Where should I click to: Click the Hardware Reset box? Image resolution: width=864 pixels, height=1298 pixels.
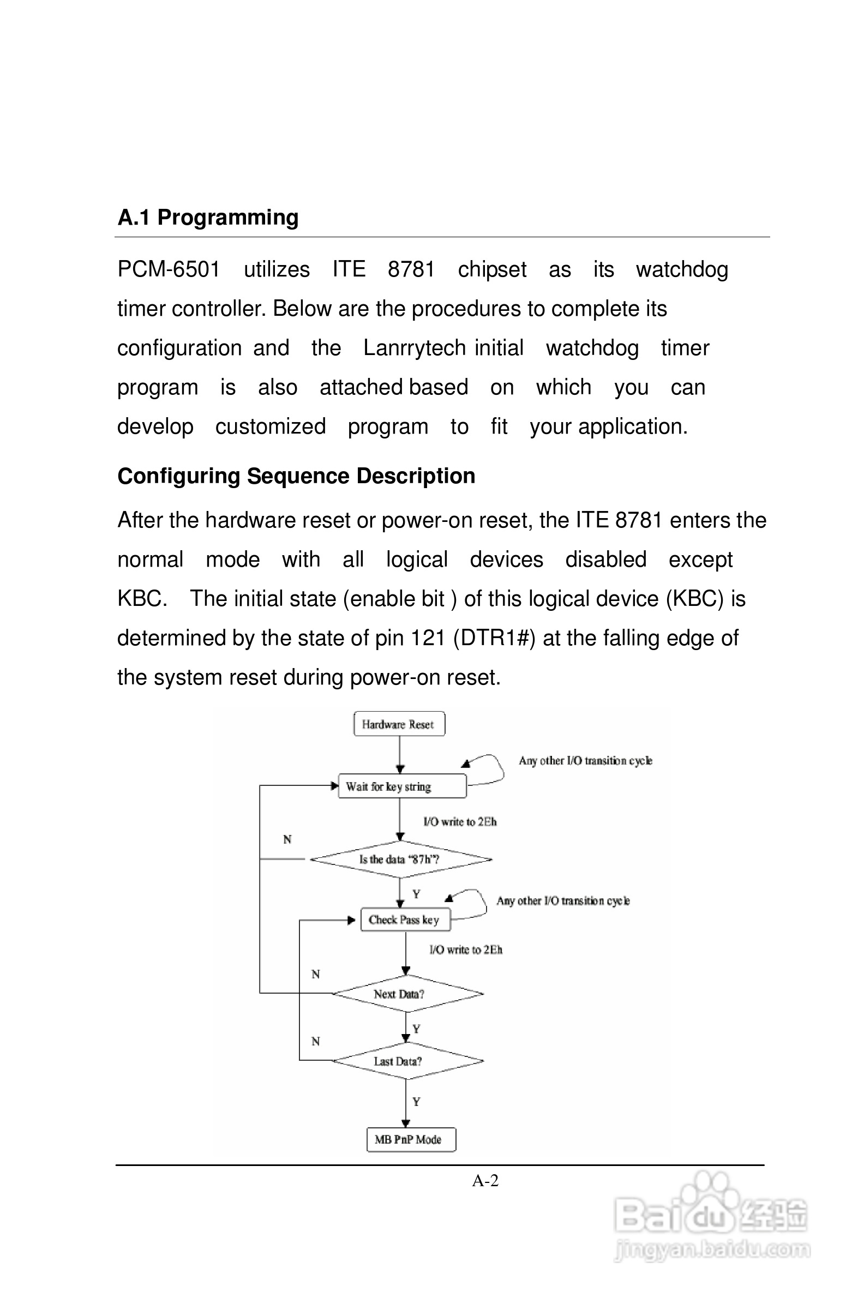[398, 724]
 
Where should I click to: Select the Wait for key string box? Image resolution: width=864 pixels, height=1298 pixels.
[401, 786]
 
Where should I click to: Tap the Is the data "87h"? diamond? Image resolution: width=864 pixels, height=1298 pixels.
[400, 859]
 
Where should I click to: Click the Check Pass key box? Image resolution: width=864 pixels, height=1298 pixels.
[405, 920]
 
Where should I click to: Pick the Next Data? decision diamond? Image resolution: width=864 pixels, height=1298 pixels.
[407, 993]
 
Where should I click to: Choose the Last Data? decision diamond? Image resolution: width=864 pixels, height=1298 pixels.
[407, 1061]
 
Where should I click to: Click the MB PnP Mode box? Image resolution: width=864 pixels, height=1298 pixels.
[411, 1139]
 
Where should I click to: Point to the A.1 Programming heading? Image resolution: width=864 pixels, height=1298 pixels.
[208, 218]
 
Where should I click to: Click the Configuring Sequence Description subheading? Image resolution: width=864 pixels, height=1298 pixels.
[296, 476]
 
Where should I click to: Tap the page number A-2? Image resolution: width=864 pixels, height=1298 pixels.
[485, 1181]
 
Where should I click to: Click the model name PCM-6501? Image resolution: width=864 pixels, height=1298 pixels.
[169, 269]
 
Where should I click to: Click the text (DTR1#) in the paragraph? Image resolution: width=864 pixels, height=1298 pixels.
[494, 638]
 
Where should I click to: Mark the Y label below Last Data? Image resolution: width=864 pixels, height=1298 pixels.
[416, 1101]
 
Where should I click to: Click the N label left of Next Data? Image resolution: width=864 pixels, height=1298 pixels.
[315, 974]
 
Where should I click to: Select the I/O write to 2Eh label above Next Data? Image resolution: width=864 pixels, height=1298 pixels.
[466, 950]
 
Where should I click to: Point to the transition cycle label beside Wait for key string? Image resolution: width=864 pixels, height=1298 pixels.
[585, 761]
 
